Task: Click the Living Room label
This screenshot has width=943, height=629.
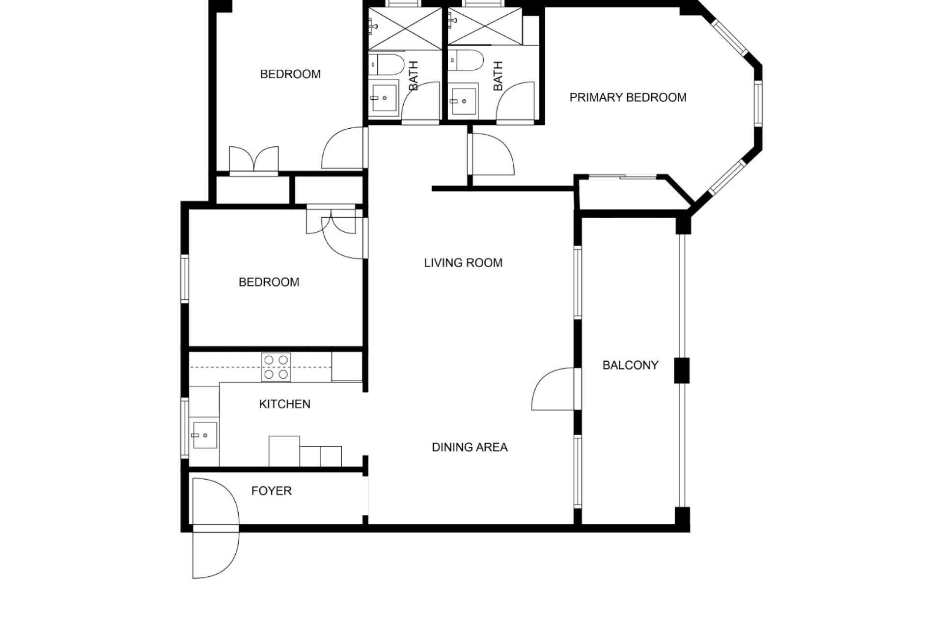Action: [x=463, y=263]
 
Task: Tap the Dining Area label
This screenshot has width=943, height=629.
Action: [x=470, y=447]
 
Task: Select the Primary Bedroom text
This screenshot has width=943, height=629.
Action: [x=628, y=97]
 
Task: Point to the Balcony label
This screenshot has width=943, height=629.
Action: [x=630, y=365]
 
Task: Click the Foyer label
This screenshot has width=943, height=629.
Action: [x=271, y=491]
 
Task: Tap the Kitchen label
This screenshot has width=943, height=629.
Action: [x=284, y=404]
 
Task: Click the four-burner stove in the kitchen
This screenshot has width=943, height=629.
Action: [x=276, y=367]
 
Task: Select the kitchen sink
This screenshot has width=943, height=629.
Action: [x=205, y=435]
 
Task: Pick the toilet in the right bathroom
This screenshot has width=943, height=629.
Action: [x=466, y=61]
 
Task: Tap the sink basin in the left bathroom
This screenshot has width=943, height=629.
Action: [x=384, y=98]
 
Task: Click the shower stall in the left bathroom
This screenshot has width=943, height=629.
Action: [x=405, y=29]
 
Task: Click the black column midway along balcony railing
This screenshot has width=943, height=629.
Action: [x=682, y=371]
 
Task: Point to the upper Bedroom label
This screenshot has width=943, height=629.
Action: [x=290, y=74]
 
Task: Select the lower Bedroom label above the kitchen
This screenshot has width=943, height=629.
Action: [x=269, y=282]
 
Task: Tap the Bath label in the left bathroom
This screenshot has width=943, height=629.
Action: [x=414, y=76]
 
